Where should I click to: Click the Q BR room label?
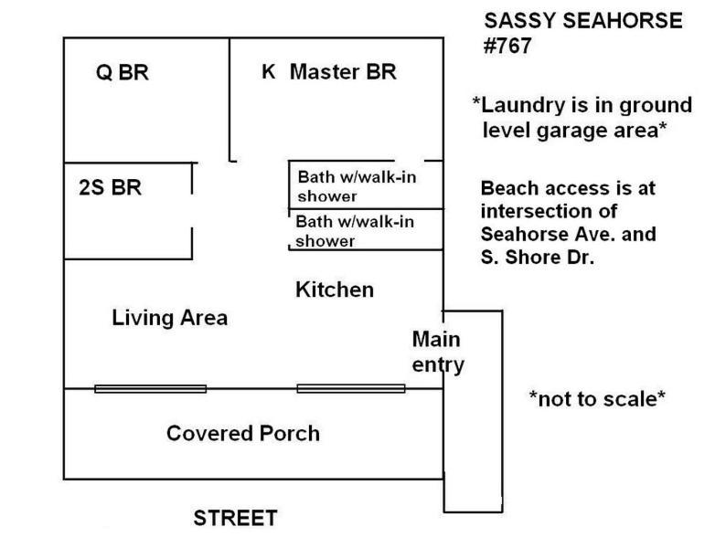(123, 72)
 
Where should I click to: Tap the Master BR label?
(343, 71)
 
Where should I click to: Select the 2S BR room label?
(111, 187)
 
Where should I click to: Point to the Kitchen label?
(335, 290)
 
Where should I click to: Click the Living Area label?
(169, 318)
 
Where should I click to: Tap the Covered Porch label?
(243, 433)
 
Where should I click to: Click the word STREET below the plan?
(235, 518)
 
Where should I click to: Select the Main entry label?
(438, 352)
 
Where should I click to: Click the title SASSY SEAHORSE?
(583, 21)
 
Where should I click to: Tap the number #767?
(507, 46)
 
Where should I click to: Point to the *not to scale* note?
(597, 398)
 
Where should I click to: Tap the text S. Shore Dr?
(537, 258)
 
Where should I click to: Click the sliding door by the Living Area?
(151, 389)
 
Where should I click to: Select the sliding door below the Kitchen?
(351, 388)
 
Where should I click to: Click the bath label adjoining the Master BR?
(357, 186)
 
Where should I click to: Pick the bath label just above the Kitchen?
(355, 231)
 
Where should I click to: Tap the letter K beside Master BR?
(269, 71)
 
